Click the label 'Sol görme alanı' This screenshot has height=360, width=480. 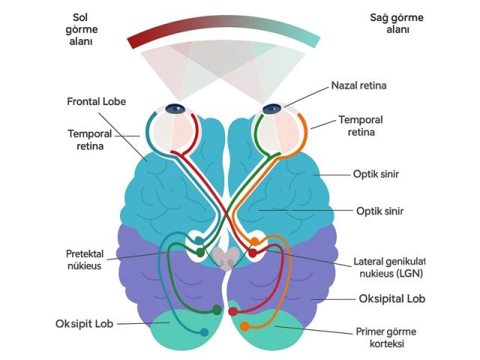(x=82, y=29)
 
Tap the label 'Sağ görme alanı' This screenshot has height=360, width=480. (x=397, y=23)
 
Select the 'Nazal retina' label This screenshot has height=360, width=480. (x=358, y=85)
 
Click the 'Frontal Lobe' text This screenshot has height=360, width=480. (x=97, y=102)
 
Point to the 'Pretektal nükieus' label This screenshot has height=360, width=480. (x=85, y=259)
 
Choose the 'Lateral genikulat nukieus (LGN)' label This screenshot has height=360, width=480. (x=389, y=267)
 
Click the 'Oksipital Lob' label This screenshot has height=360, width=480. (x=392, y=298)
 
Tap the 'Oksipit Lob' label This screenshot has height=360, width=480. (x=85, y=323)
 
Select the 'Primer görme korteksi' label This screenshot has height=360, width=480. (x=386, y=337)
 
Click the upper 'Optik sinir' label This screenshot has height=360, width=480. (x=376, y=174)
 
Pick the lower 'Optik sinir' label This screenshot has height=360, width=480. (x=380, y=211)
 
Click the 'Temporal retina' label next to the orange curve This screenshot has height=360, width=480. (x=361, y=126)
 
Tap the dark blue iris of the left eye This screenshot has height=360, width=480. (x=175, y=108)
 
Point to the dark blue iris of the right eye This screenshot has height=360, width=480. (x=271, y=109)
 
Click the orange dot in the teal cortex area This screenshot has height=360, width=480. (x=244, y=327)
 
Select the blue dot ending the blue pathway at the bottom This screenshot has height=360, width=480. (x=204, y=332)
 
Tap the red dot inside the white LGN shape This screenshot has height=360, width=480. (x=253, y=253)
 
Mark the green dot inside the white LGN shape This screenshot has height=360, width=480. (x=200, y=253)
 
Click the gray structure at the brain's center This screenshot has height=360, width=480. (x=226, y=258)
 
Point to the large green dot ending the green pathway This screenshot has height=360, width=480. (x=217, y=310)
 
